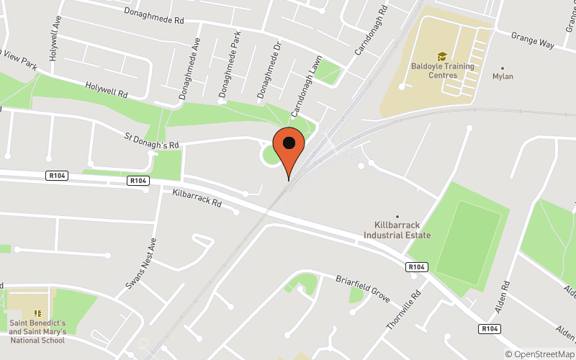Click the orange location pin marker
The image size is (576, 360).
pyautogui.click(x=290, y=148)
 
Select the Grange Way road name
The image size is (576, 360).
pyautogui.click(x=532, y=40)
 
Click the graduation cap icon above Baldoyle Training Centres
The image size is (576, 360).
pyautogui.click(x=442, y=56)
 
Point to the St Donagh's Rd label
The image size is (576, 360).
pyautogui.click(x=151, y=140)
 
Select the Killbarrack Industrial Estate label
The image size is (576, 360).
pyautogui.click(x=397, y=230)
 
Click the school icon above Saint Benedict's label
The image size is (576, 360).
pyautogui.click(x=37, y=313)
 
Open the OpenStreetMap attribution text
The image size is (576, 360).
pyautogui.click(x=539, y=354)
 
